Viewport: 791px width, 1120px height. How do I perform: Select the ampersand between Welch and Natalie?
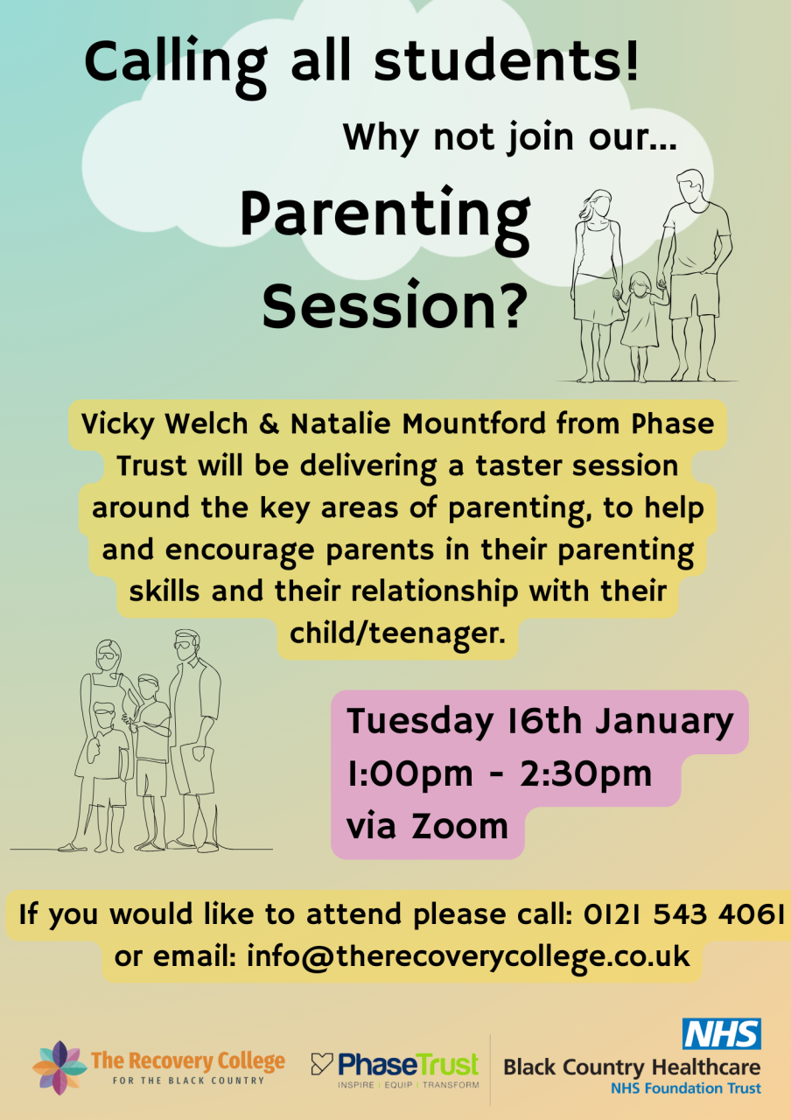pos(269,424)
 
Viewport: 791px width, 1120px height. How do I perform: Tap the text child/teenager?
pos(397,633)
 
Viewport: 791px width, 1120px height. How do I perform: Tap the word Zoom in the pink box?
pos(459,827)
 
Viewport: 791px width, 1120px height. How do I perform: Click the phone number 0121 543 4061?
pos(683,914)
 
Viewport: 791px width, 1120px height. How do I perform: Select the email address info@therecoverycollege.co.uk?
pos(468,957)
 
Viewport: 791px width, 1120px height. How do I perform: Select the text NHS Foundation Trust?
pos(685,1088)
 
